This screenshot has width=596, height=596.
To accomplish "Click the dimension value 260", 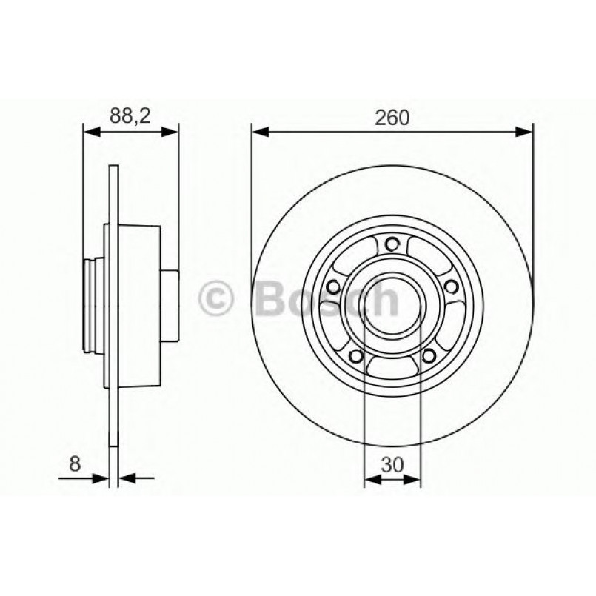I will coord(392,117).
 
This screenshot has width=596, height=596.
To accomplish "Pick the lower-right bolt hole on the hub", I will coord(427,357).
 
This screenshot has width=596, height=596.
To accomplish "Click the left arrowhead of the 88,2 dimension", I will coord(90,133).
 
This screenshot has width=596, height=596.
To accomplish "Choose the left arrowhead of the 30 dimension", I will coord(371,479).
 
